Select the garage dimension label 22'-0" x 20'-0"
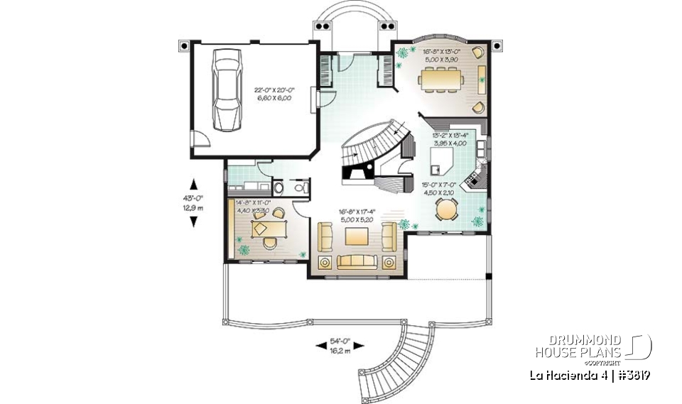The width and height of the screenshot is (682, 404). (274, 93)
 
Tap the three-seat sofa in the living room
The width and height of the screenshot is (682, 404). (353, 262)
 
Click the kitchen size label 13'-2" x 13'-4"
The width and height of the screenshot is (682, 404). (449, 138)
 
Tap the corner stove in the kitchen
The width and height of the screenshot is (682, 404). (473, 181)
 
